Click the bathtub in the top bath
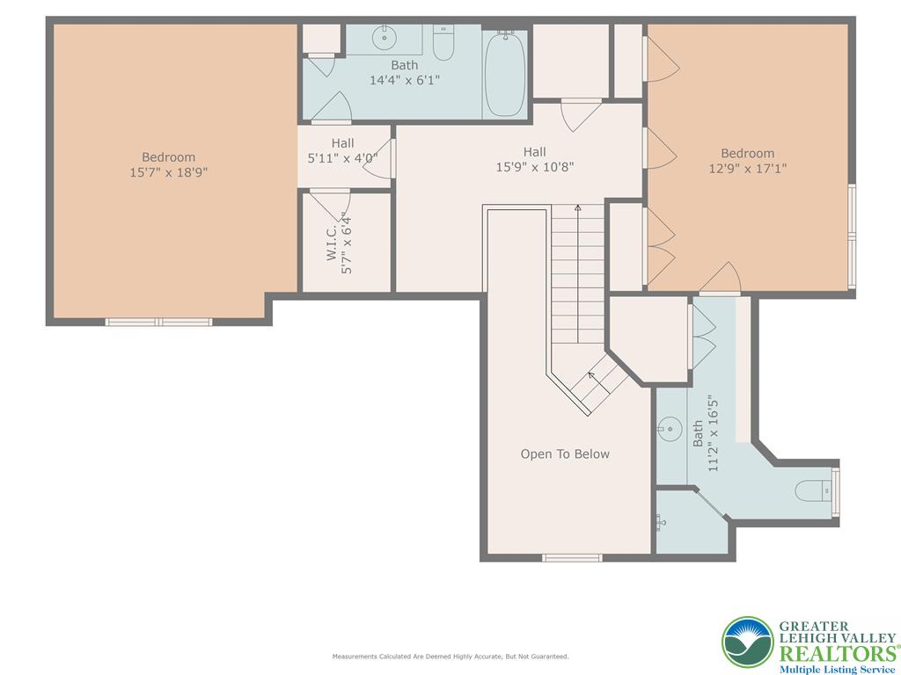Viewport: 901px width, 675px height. pyautogui.click(x=505, y=74)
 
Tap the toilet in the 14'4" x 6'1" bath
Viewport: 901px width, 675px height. pyautogui.click(x=443, y=42)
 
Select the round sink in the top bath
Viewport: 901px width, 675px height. pyautogui.click(x=384, y=39)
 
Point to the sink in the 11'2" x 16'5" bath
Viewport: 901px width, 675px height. pyautogui.click(x=670, y=429)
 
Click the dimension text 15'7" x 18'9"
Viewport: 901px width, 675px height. pyautogui.click(x=168, y=172)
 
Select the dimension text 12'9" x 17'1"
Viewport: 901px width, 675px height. pyautogui.click(x=748, y=168)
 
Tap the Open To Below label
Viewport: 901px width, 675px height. pyautogui.click(x=565, y=454)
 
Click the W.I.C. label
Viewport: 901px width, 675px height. pyautogui.click(x=332, y=243)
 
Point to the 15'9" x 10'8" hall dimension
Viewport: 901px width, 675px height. pyautogui.click(x=535, y=167)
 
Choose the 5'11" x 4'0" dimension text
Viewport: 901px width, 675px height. pyautogui.click(x=342, y=158)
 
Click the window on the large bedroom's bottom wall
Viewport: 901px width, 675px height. pyautogui.click(x=158, y=322)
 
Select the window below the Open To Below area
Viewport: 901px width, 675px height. pyautogui.click(x=572, y=558)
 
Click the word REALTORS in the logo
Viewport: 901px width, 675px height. pyautogui.click(x=838, y=654)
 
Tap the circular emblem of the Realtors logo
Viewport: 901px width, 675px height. pyautogui.click(x=748, y=642)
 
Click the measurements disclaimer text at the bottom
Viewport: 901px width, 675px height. pyautogui.click(x=450, y=656)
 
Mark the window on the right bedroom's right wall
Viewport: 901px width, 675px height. pyautogui.click(x=852, y=236)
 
